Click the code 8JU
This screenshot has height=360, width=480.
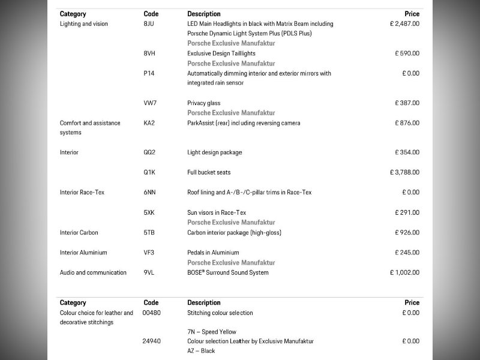tap(149, 24)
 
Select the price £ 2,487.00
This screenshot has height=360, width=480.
tap(404, 24)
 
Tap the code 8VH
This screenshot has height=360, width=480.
tap(149, 53)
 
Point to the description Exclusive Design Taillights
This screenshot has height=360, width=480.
tap(221, 53)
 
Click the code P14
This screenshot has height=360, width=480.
tap(149, 73)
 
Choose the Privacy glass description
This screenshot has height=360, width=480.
tap(204, 103)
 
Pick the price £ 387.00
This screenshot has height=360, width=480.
tap(407, 103)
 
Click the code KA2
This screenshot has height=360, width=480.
tap(149, 123)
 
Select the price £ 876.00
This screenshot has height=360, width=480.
tap(407, 123)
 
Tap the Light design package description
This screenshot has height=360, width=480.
tap(215, 152)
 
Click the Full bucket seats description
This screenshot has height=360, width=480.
tap(209, 172)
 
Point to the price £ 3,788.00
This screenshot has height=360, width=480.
tap(404, 172)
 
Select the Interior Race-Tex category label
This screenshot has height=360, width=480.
tap(82, 193)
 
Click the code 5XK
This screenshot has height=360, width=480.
tap(149, 212)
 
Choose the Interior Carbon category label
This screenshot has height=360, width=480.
tap(79, 232)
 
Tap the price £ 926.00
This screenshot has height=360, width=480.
tap(407, 232)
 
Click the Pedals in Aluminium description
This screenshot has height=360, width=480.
tap(213, 253)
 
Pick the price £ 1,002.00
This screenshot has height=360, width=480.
tap(404, 272)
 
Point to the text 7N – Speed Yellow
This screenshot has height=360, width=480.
tap(212, 332)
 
